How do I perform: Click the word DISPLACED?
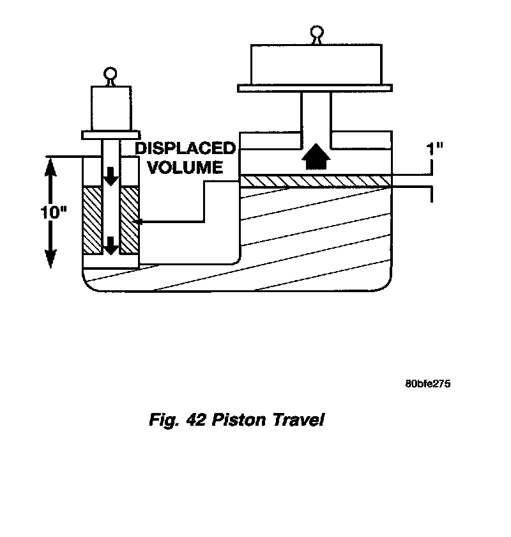185,148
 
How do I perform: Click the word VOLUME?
185,167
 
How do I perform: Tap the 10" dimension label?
54,212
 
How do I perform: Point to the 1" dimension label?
434,150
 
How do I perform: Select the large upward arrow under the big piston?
316,157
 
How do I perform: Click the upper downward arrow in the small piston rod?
111,176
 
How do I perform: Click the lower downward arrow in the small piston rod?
111,245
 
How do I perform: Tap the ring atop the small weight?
111,74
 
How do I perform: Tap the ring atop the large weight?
317,32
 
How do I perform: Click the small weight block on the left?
111,108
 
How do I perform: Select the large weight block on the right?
316,65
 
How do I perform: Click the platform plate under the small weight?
111,135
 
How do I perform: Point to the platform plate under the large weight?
315,88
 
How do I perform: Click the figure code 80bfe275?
428,384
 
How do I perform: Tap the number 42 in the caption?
196,420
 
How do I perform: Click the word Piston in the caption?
239,420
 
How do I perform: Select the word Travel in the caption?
298,420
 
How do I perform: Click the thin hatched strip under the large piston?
316,181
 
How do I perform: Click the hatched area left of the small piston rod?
93,221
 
